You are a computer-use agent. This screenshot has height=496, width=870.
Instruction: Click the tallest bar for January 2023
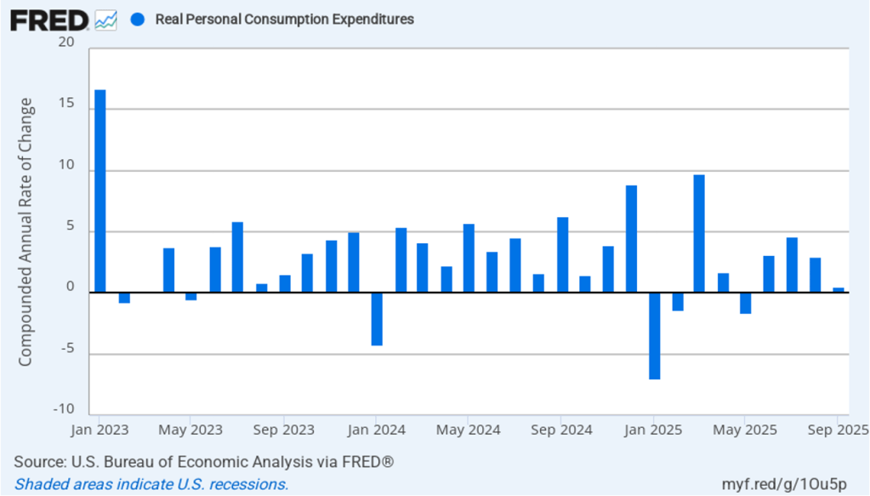pos(100,191)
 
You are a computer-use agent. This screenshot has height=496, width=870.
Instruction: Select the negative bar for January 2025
pos(655,335)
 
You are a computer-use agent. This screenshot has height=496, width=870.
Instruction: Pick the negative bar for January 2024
pos(377,319)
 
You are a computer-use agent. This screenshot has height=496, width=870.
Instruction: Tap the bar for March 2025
pos(699,233)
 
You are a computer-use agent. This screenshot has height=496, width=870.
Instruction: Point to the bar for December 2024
pos(631,238)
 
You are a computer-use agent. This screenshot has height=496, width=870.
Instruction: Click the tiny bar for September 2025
pos(839,290)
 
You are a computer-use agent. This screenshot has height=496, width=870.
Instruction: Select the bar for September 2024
pos(562,254)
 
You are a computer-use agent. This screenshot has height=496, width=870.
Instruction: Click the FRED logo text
pos(49,19)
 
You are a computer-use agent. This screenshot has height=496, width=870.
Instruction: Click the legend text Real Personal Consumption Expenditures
pos(284,19)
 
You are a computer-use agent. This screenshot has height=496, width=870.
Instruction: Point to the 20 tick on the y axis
pos(67,43)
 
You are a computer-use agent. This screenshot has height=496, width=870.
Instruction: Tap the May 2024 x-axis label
pos(467,430)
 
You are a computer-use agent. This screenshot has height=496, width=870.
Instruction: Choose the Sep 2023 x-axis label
pos(285,430)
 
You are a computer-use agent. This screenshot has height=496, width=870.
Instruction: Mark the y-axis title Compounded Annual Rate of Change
pos(26,231)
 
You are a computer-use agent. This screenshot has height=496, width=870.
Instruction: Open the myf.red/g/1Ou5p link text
pos(791,484)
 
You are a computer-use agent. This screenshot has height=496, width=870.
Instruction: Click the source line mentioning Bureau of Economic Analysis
pos(203,462)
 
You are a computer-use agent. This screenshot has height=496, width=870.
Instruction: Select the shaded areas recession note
pos(151,484)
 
